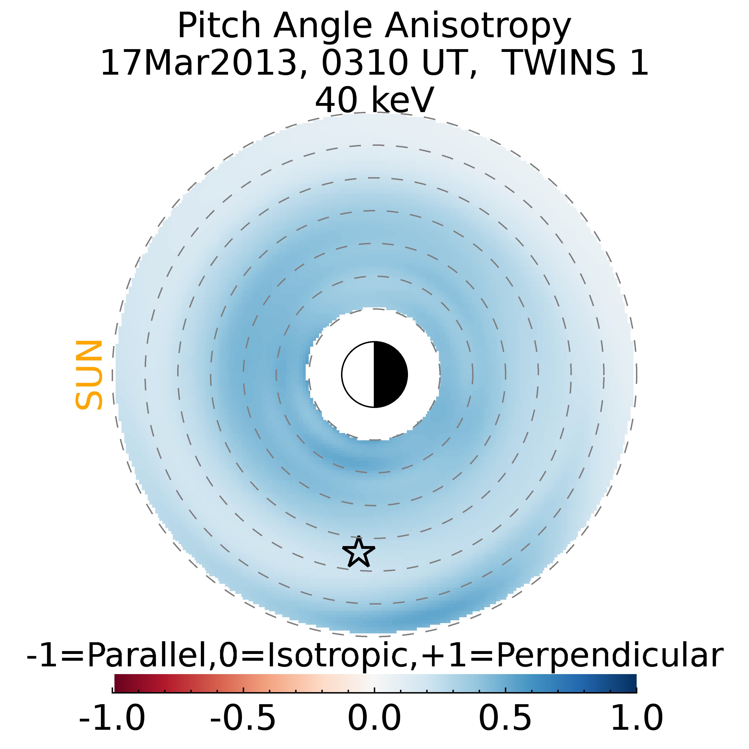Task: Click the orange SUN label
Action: coord(89,374)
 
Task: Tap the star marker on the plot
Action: coord(359,552)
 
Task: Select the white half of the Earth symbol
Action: coord(358,374)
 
